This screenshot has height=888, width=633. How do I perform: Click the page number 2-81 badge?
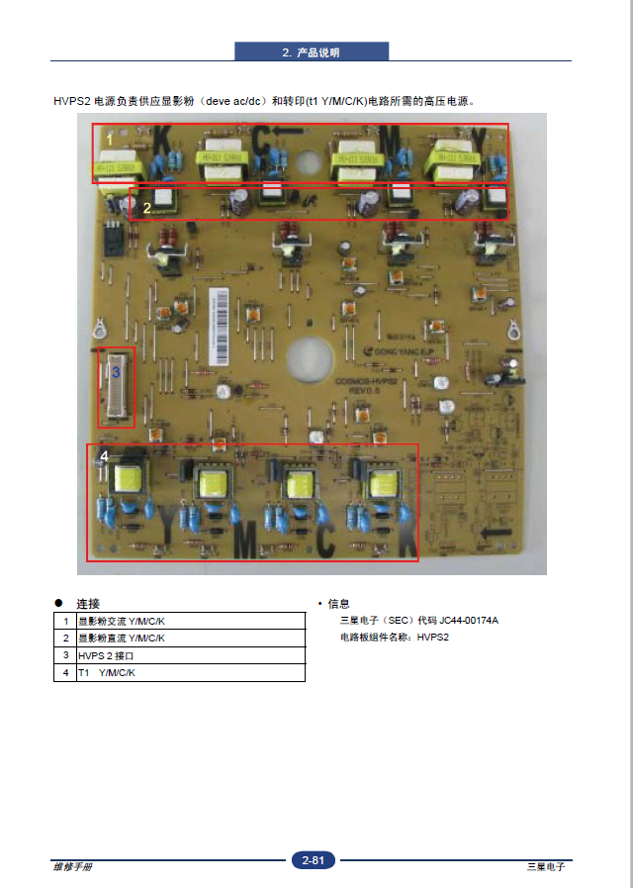[x=314, y=860]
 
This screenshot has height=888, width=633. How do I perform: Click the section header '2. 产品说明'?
[x=312, y=52]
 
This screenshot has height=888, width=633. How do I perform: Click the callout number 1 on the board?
[x=111, y=141]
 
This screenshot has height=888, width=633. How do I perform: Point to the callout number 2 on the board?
[x=146, y=208]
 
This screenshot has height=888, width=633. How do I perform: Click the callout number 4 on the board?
[x=104, y=455]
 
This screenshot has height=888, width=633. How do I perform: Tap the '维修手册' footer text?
[x=72, y=866]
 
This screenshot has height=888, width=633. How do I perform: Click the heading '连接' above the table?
[x=88, y=603]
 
